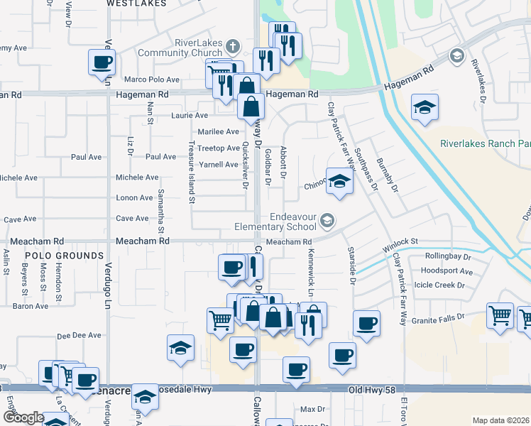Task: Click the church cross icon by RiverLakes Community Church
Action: [x=233, y=48]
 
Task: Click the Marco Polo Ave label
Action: [x=149, y=80]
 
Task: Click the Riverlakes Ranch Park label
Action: [x=485, y=143]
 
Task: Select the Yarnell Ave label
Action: [x=217, y=164]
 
